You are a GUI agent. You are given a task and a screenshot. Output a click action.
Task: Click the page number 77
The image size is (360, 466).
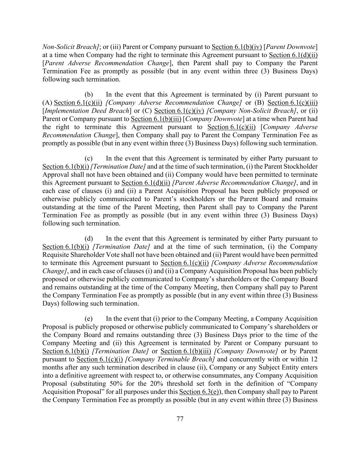pyautogui.click(x=180, y=419)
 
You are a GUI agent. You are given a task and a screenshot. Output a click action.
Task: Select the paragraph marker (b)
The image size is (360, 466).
pyautogui.click(x=89, y=95)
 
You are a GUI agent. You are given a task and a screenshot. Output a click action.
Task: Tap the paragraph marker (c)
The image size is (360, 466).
pyautogui.click(x=89, y=158)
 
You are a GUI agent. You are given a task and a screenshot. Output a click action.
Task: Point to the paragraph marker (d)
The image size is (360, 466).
pyautogui.click(x=89, y=239)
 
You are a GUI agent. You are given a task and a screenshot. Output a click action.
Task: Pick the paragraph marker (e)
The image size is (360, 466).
pyautogui.click(x=89, y=319)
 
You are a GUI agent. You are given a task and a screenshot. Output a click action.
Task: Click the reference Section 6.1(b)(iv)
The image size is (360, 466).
pyautogui.click(x=236, y=47)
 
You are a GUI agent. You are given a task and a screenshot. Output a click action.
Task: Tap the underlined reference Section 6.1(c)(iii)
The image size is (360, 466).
pyautogui.click(x=292, y=103)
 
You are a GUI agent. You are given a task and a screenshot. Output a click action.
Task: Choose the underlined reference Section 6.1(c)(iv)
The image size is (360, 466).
pyautogui.click(x=179, y=111)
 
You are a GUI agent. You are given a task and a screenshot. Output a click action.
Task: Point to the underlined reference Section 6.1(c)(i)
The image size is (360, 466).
pyautogui.click(x=100, y=359)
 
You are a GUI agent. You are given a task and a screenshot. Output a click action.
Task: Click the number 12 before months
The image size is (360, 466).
pyautogui.click(x=314, y=359)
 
